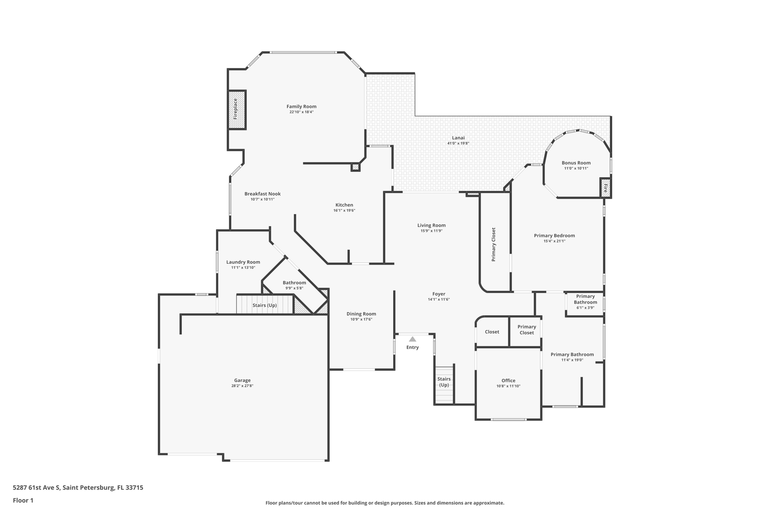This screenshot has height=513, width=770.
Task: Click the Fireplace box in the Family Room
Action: click(x=236, y=110)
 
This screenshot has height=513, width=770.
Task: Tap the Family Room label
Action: click(x=301, y=106)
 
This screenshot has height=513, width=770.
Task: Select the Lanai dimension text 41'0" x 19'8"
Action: click(x=458, y=143)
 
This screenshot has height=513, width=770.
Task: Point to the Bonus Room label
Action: click(x=576, y=163)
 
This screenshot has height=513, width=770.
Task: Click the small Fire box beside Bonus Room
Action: click(x=605, y=188)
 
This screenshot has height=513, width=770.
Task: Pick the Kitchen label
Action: click(x=344, y=205)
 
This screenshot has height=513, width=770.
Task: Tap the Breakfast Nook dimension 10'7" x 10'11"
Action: click(x=262, y=199)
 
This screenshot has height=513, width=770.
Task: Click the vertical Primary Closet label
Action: click(x=494, y=244)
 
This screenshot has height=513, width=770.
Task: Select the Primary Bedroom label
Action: click(x=554, y=236)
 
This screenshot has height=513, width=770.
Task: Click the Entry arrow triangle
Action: click(x=412, y=339)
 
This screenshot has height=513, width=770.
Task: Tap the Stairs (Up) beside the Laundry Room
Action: click(x=264, y=305)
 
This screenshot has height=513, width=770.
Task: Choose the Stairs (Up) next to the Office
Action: click(x=444, y=382)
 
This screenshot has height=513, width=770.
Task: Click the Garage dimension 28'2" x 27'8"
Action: click(x=242, y=386)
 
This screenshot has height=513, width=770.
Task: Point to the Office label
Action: click(x=508, y=380)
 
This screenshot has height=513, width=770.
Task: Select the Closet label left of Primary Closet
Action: click(x=492, y=332)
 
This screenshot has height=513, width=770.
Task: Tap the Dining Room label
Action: click(x=361, y=314)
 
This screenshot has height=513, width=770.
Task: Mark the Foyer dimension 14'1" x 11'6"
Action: click(x=438, y=300)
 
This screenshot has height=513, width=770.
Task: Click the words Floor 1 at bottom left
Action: click(x=23, y=500)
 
